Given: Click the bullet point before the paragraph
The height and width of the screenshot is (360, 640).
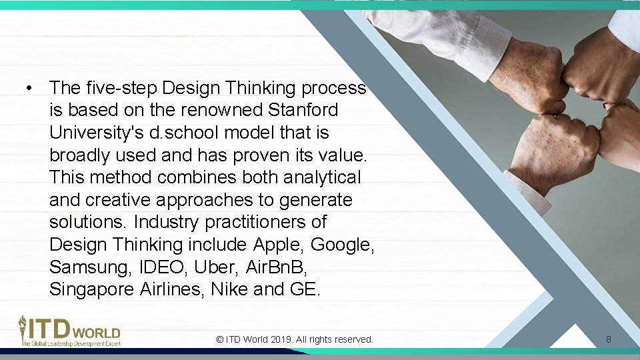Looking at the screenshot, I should point(29,88).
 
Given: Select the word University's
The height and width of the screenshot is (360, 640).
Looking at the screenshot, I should point(97,133).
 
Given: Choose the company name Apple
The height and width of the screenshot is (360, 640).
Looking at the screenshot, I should point(279,245).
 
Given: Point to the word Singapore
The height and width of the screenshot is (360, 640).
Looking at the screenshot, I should point(92,290).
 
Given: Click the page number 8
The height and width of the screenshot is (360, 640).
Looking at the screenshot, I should point(609,339).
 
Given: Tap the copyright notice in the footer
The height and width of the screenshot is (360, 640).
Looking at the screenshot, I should point(295,339).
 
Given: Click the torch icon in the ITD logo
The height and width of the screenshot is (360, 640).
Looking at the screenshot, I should point(23,326).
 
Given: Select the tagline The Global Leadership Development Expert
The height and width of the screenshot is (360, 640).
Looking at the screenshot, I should point(71,343).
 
